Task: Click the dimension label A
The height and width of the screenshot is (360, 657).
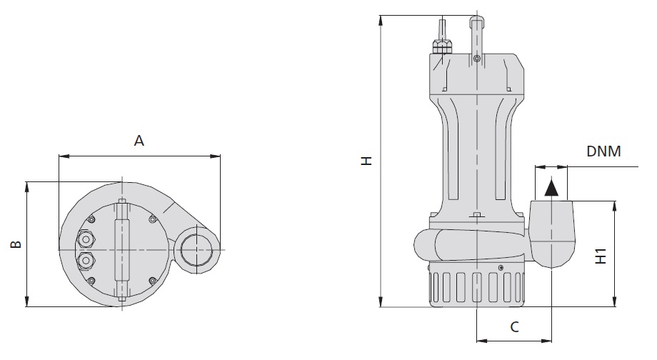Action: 139,141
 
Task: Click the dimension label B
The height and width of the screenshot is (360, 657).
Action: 16,244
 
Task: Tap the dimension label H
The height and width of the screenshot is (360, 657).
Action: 367,161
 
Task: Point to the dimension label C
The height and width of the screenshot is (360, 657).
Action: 515,326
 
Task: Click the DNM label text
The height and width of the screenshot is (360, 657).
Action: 603,151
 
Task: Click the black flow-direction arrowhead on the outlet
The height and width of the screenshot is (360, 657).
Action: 551,188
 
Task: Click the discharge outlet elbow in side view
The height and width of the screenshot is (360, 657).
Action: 552,233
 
